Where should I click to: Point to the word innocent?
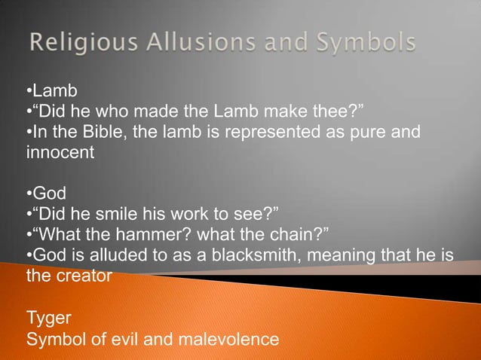(x=60, y=154)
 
